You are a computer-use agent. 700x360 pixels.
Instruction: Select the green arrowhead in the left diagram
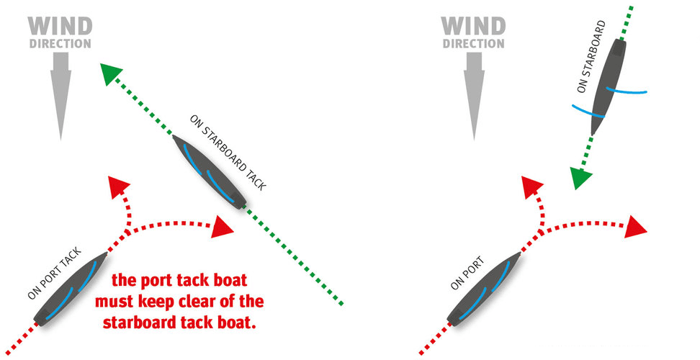pyautogui.click(x=109, y=74)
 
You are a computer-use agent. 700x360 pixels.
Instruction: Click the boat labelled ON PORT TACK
pyautogui.click(x=71, y=287)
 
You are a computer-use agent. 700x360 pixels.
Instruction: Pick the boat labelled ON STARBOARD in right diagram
pyautogui.click(x=609, y=87)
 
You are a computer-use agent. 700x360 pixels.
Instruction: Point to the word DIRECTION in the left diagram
pyautogui.click(x=60, y=43)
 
